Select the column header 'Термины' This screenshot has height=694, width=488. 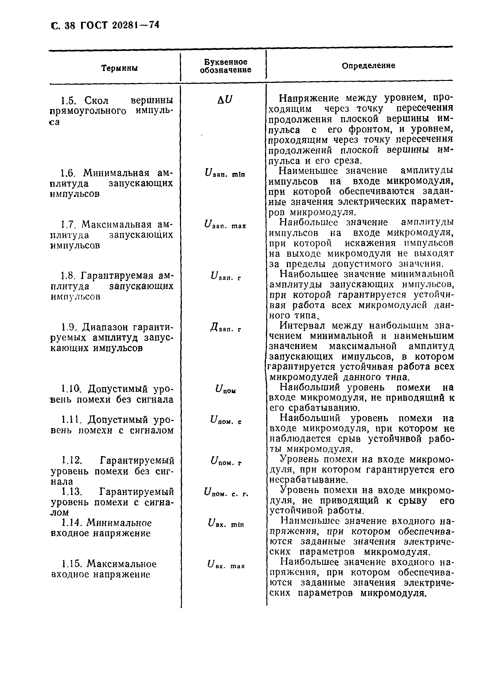[119, 68]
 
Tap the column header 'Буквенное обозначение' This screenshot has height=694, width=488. [226, 66]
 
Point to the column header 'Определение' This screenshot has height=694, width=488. [368, 65]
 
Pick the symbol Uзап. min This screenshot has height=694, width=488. [225, 173]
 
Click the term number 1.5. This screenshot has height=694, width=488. [68, 100]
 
